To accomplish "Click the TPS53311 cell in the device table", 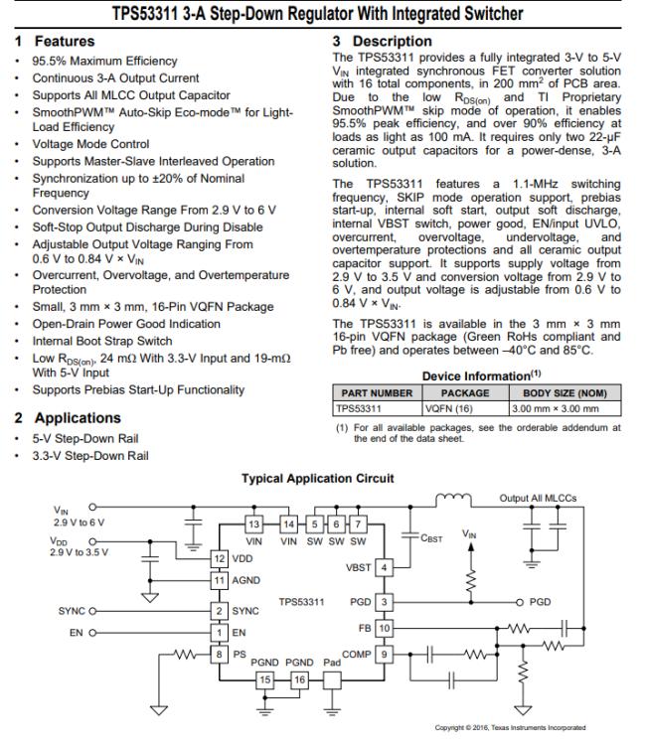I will click(359, 407).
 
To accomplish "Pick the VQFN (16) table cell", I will click(451, 407).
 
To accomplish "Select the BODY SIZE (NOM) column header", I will click(564, 392).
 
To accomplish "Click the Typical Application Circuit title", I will click(317, 478).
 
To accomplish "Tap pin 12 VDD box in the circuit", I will click(220, 558).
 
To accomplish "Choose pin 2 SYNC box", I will click(219, 611).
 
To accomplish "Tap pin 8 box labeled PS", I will click(219, 654).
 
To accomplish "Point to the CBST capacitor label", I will click(430, 538).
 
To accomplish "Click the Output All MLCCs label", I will click(538, 499).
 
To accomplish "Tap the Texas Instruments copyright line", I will click(511, 728).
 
